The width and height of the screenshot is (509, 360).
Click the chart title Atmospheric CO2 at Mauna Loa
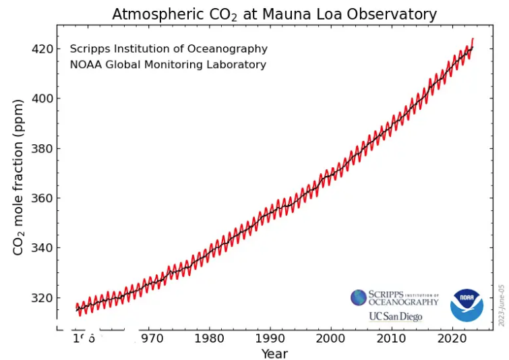point(274,14)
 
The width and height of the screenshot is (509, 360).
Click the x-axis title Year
point(274,353)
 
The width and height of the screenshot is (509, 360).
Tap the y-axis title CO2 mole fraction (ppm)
point(19,177)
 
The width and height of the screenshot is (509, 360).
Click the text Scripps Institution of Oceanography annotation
point(169,49)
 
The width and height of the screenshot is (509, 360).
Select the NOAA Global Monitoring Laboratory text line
point(168,65)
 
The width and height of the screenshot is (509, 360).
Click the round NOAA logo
point(467,305)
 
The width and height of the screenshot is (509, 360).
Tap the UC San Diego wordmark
point(395,317)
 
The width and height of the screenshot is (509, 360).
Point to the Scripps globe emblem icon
point(359,297)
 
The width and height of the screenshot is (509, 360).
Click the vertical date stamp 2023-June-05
point(501,305)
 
